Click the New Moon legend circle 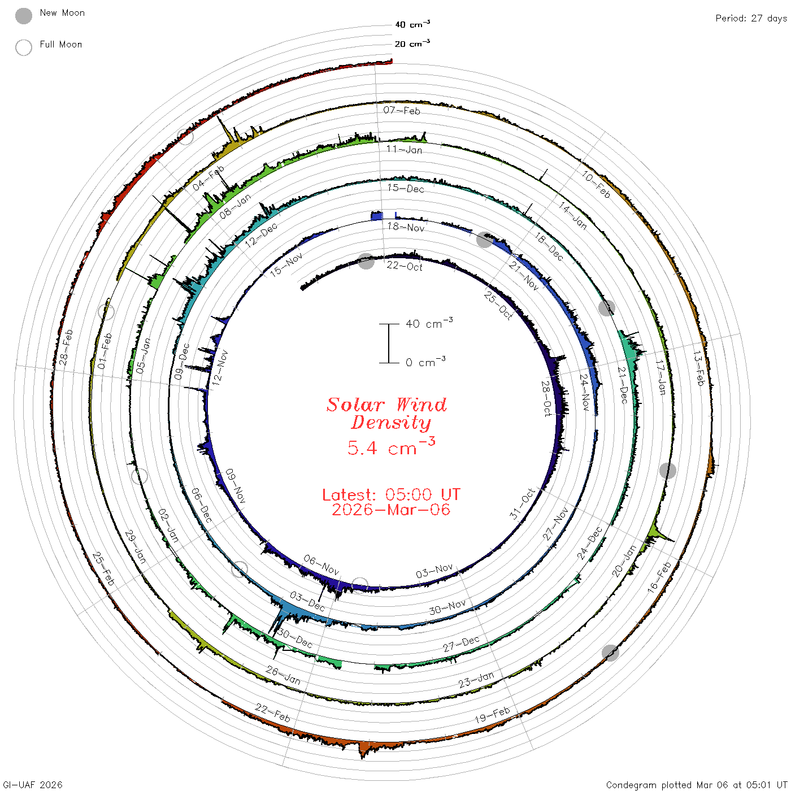click(23, 16)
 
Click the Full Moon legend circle click(23, 47)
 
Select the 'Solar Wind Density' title click(387, 414)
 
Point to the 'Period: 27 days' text click(751, 19)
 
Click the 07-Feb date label click(402, 110)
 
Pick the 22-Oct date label click(405, 267)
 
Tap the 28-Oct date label click(546, 398)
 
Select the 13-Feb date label click(699, 368)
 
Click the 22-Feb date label click(272, 712)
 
